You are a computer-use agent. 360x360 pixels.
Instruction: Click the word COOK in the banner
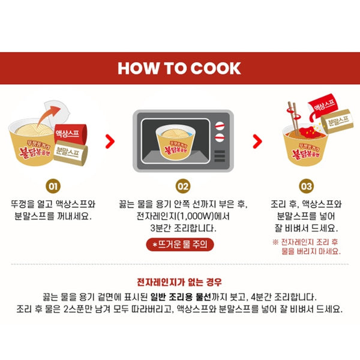(215, 68)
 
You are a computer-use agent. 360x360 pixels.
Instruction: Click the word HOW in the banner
(138, 68)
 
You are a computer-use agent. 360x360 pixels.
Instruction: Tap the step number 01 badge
(53, 186)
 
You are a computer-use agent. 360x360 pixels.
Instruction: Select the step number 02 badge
(183, 186)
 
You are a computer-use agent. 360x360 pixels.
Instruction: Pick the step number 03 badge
(306, 186)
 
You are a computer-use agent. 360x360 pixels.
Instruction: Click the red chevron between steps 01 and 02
(110, 142)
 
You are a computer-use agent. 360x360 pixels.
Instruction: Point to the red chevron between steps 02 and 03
(257, 142)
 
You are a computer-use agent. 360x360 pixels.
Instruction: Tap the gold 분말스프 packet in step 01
(71, 152)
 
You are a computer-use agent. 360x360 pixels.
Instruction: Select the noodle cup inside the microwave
(176, 142)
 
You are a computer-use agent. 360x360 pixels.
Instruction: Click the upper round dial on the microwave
(220, 126)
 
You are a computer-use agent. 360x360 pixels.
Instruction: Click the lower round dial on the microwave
(220, 138)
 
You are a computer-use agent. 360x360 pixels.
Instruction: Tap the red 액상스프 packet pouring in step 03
(322, 106)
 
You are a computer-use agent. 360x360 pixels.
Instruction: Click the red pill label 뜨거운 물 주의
(180, 245)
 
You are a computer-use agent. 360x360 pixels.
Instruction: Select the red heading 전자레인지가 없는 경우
(179, 282)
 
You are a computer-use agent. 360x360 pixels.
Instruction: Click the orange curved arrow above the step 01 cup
(48, 115)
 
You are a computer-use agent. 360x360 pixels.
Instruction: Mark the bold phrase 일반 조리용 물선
(181, 297)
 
